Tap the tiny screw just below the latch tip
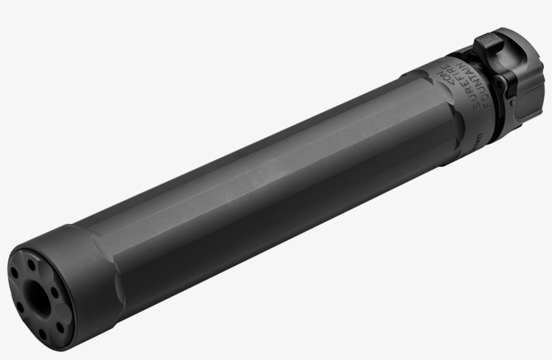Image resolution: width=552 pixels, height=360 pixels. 513,104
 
